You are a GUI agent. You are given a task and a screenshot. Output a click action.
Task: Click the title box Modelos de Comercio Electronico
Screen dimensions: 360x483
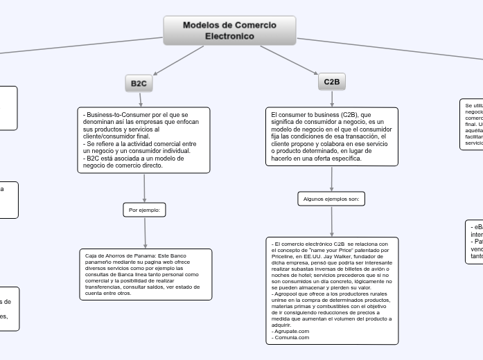(x=229, y=30)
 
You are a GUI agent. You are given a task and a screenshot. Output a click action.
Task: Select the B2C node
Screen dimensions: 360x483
(x=139, y=83)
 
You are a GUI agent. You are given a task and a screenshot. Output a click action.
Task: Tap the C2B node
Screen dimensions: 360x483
(x=332, y=82)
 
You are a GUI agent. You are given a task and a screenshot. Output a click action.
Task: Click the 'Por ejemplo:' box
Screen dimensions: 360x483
(x=145, y=209)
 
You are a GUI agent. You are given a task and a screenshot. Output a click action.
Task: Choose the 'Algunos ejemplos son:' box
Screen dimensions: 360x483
(x=331, y=199)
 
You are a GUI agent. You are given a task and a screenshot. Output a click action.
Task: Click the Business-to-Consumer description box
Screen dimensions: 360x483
(x=144, y=139)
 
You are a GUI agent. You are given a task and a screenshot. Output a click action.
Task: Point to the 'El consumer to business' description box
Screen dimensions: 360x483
(x=332, y=136)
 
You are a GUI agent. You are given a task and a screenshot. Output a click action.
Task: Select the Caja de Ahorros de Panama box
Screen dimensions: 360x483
(x=146, y=274)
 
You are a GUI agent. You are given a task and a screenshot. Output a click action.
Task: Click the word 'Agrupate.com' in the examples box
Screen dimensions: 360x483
(x=291, y=332)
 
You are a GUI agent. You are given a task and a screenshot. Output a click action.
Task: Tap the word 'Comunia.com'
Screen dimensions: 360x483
(x=291, y=337)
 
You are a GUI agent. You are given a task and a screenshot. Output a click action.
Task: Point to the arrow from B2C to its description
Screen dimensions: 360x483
(x=140, y=100)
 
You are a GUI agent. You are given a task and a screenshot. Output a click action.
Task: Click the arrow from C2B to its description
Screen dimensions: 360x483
(x=332, y=98)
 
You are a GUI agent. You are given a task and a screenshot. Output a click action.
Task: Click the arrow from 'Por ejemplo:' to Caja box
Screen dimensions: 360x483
(x=145, y=232)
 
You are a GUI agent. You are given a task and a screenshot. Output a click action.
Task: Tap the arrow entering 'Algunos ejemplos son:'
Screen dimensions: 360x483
(x=332, y=179)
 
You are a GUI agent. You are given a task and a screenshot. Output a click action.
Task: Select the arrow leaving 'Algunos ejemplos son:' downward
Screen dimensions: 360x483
(x=332, y=222)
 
